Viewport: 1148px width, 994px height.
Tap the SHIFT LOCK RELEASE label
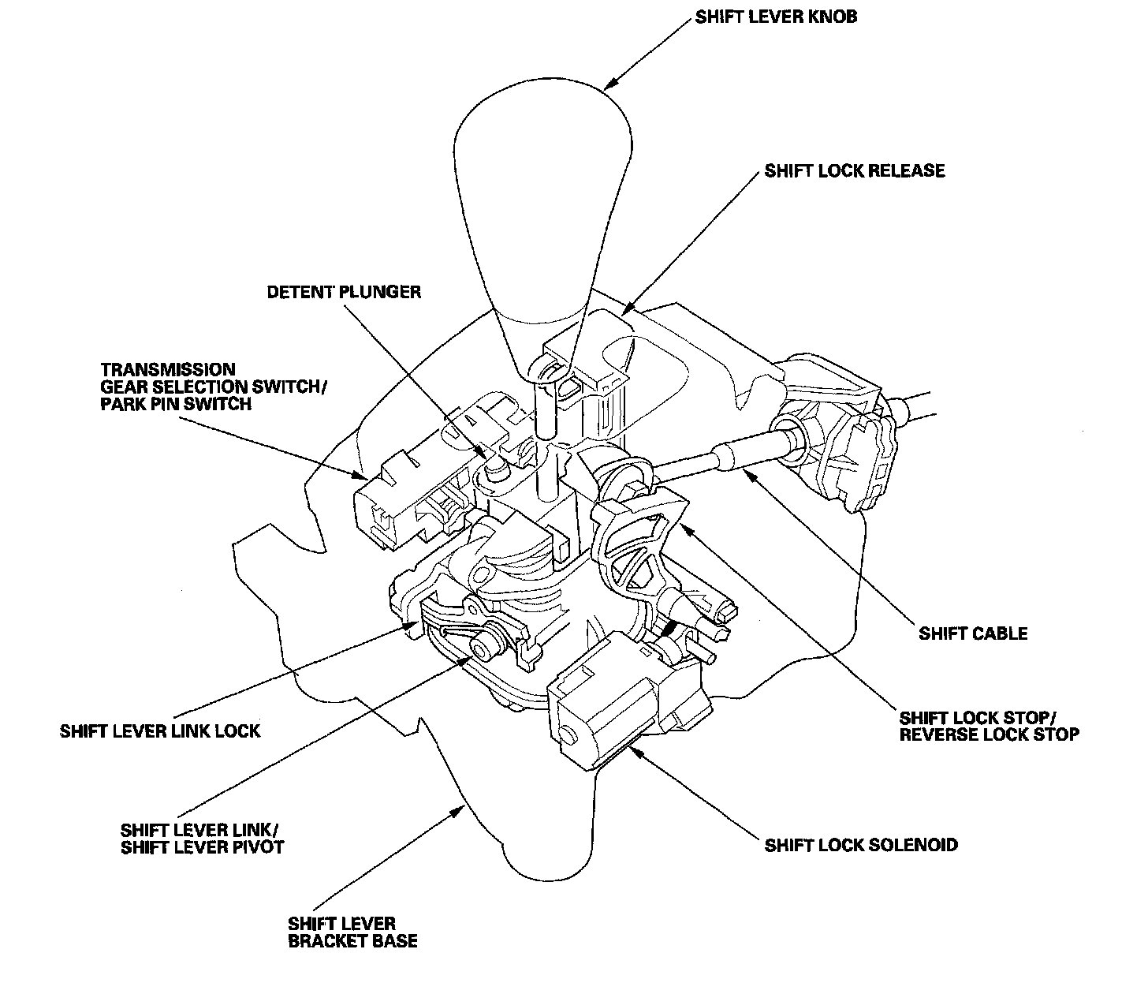(x=854, y=170)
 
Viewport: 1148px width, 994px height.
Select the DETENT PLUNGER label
(x=344, y=292)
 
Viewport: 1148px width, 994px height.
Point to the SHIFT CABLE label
(x=973, y=633)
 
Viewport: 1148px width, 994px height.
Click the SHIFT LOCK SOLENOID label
(x=861, y=845)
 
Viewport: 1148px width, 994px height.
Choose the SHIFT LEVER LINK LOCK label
(x=160, y=731)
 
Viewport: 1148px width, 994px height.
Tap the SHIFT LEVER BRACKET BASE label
(x=352, y=932)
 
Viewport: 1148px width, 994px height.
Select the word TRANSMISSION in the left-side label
(x=168, y=369)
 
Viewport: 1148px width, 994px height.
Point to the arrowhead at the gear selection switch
(x=360, y=476)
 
